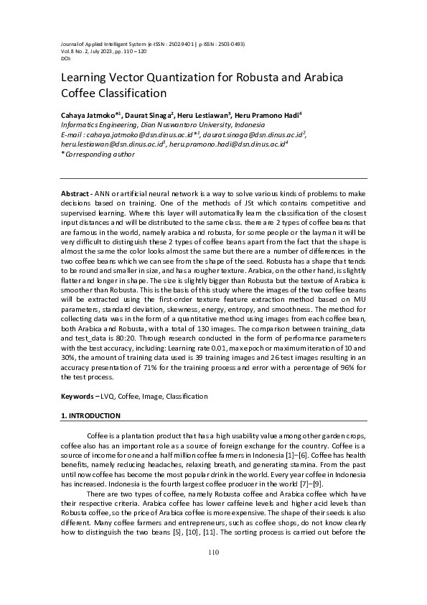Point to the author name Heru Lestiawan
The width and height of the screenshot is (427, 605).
(x=204, y=114)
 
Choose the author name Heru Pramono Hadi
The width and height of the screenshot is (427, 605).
(x=263, y=114)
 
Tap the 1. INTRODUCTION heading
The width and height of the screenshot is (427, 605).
(x=90, y=416)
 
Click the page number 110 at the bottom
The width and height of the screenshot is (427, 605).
(x=213, y=572)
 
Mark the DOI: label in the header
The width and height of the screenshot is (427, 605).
(x=66, y=57)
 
